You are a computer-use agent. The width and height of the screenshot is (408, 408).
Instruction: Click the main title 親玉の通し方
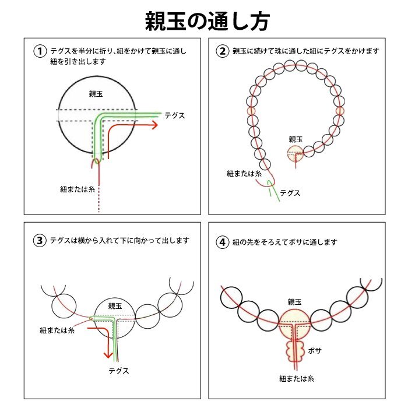tap(207, 22)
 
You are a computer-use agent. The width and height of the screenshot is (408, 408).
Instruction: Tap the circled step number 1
tap(40, 51)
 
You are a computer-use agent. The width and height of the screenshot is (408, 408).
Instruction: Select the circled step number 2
tap(223, 51)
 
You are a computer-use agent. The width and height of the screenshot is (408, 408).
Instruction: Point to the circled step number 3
tap(40, 240)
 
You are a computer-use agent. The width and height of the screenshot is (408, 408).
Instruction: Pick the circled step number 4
tap(223, 242)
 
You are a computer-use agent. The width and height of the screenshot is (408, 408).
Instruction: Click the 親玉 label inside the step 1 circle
tap(96, 94)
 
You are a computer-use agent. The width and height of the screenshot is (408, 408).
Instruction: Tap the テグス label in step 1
tap(175, 115)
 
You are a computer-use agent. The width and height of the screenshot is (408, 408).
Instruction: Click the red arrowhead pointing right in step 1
tap(154, 125)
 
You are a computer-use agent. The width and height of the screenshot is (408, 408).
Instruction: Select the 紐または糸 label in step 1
tap(78, 189)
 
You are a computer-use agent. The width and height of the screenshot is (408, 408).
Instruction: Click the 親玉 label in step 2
tap(296, 139)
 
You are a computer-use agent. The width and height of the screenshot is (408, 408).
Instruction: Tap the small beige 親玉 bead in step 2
tap(296, 153)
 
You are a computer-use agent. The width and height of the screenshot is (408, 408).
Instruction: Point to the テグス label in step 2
tap(290, 193)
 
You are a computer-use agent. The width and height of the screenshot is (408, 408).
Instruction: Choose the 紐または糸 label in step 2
tap(244, 174)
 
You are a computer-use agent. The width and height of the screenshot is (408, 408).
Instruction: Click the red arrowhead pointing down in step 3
tap(108, 354)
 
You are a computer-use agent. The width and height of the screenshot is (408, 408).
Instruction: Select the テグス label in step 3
tap(119, 371)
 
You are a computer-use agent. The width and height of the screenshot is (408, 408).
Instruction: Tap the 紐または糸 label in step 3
tap(57, 330)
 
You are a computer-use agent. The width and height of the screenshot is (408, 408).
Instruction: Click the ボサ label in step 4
tap(315, 351)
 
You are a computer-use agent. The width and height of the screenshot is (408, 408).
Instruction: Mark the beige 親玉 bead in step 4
tap(295, 323)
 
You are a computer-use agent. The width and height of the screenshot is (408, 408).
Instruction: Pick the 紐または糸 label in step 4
tap(297, 379)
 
